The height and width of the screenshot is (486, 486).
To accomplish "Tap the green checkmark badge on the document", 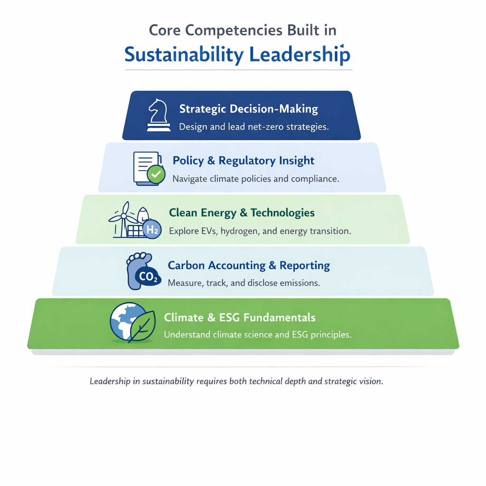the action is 156,175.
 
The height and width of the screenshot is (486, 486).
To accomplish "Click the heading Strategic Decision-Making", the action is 248,109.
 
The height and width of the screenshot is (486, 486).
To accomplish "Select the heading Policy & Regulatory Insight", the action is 243,160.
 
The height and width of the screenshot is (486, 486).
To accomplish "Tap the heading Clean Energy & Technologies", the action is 242,213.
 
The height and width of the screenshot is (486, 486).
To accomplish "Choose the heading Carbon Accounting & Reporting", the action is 249,265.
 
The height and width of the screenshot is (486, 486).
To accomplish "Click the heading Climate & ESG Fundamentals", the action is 240,317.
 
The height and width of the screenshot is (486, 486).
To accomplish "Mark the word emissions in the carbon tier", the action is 299,283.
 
